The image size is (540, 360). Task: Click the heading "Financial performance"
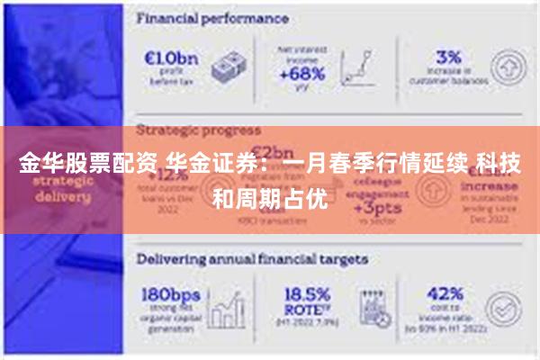pos(212,17)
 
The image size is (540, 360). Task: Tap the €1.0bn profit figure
pos(169,57)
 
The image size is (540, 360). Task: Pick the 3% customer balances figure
pos(448,57)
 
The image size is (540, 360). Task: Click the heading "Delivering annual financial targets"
pos(252,258)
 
